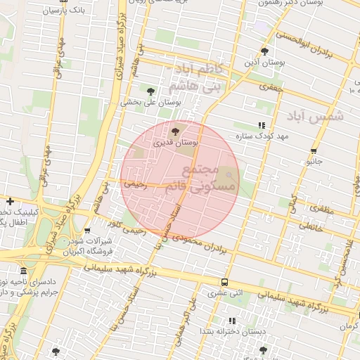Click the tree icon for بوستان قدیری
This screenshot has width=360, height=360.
pos(175,131)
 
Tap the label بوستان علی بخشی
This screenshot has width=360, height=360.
pos(151,102)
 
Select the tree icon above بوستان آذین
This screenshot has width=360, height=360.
pos(264,51)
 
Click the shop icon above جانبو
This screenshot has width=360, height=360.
pos(313,151)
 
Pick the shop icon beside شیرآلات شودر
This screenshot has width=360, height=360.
pos(86,231)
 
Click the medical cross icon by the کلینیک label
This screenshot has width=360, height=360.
pos(10,201)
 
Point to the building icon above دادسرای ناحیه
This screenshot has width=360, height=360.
pos(24,271)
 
